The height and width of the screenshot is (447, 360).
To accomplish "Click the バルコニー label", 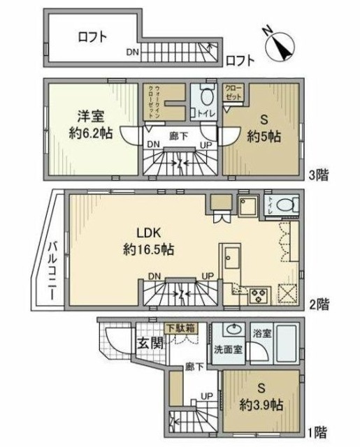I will (x=54, y=270).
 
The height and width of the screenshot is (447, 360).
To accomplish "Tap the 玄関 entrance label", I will (x=148, y=343).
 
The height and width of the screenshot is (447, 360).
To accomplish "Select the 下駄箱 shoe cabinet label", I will (x=180, y=326).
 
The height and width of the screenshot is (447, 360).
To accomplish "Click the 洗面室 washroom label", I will (x=229, y=350).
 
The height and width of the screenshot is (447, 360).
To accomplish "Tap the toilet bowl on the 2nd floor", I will (x=285, y=204).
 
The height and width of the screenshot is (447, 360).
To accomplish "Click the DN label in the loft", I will (x=133, y=52).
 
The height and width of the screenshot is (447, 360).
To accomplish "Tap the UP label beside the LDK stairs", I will (x=208, y=276).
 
